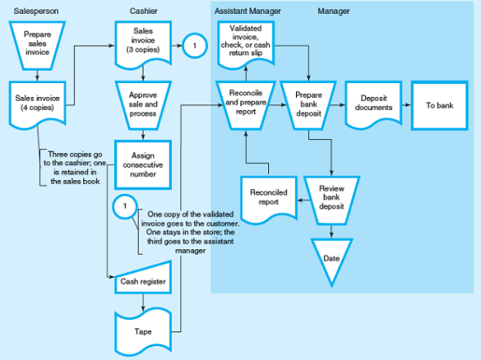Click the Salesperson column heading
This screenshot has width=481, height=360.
point(33,11)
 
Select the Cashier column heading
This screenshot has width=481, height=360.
point(143,11)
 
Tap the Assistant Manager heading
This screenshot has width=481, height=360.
point(248,11)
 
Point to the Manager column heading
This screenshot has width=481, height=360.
point(333,11)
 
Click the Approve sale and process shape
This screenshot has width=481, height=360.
point(143,103)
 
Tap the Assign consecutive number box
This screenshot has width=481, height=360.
point(143,163)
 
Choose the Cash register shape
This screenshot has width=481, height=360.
point(143,282)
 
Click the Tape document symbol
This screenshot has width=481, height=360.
point(143,330)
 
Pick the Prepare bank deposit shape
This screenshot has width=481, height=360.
point(308,106)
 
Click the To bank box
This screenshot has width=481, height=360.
point(439,105)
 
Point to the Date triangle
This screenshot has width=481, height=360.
point(331,257)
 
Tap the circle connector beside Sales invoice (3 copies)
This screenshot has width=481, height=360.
point(193,46)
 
